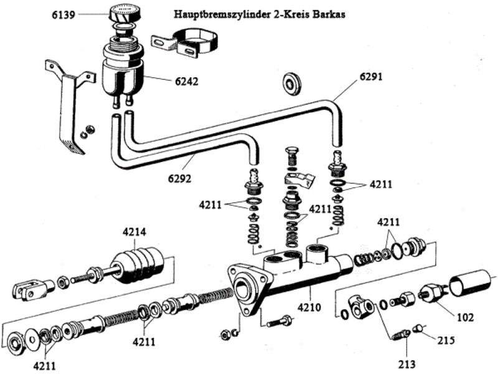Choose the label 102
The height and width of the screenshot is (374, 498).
pyautogui.click(x=464, y=317)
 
